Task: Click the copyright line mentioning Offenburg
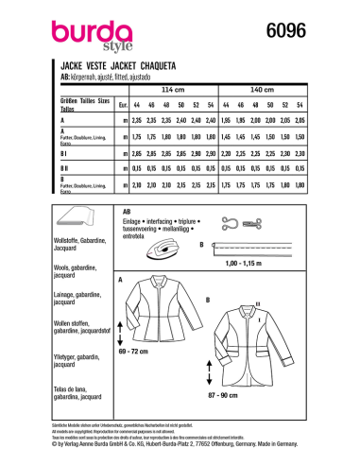(180, 444)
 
